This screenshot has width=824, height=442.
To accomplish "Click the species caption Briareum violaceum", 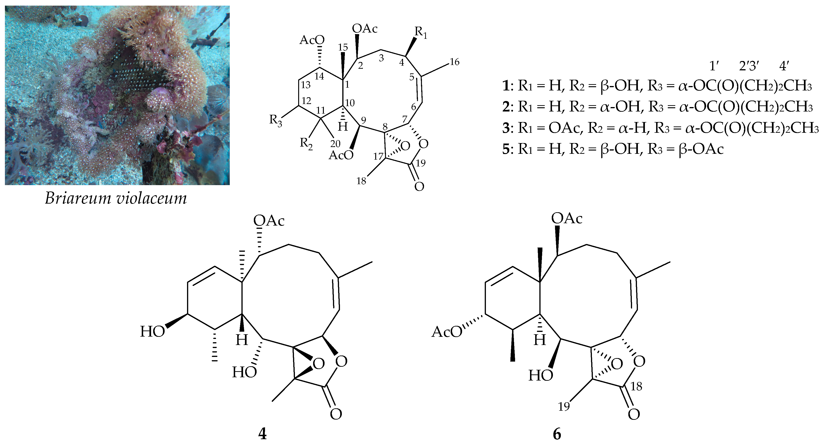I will (x=116, y=198).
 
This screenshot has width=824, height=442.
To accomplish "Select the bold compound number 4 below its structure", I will (x=262, y=434).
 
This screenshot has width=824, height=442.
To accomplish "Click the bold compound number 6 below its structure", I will (x=557, y=434).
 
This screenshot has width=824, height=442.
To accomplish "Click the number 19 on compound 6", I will (x=564, y=406).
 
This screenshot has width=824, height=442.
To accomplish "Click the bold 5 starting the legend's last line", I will (x=506, y=150).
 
